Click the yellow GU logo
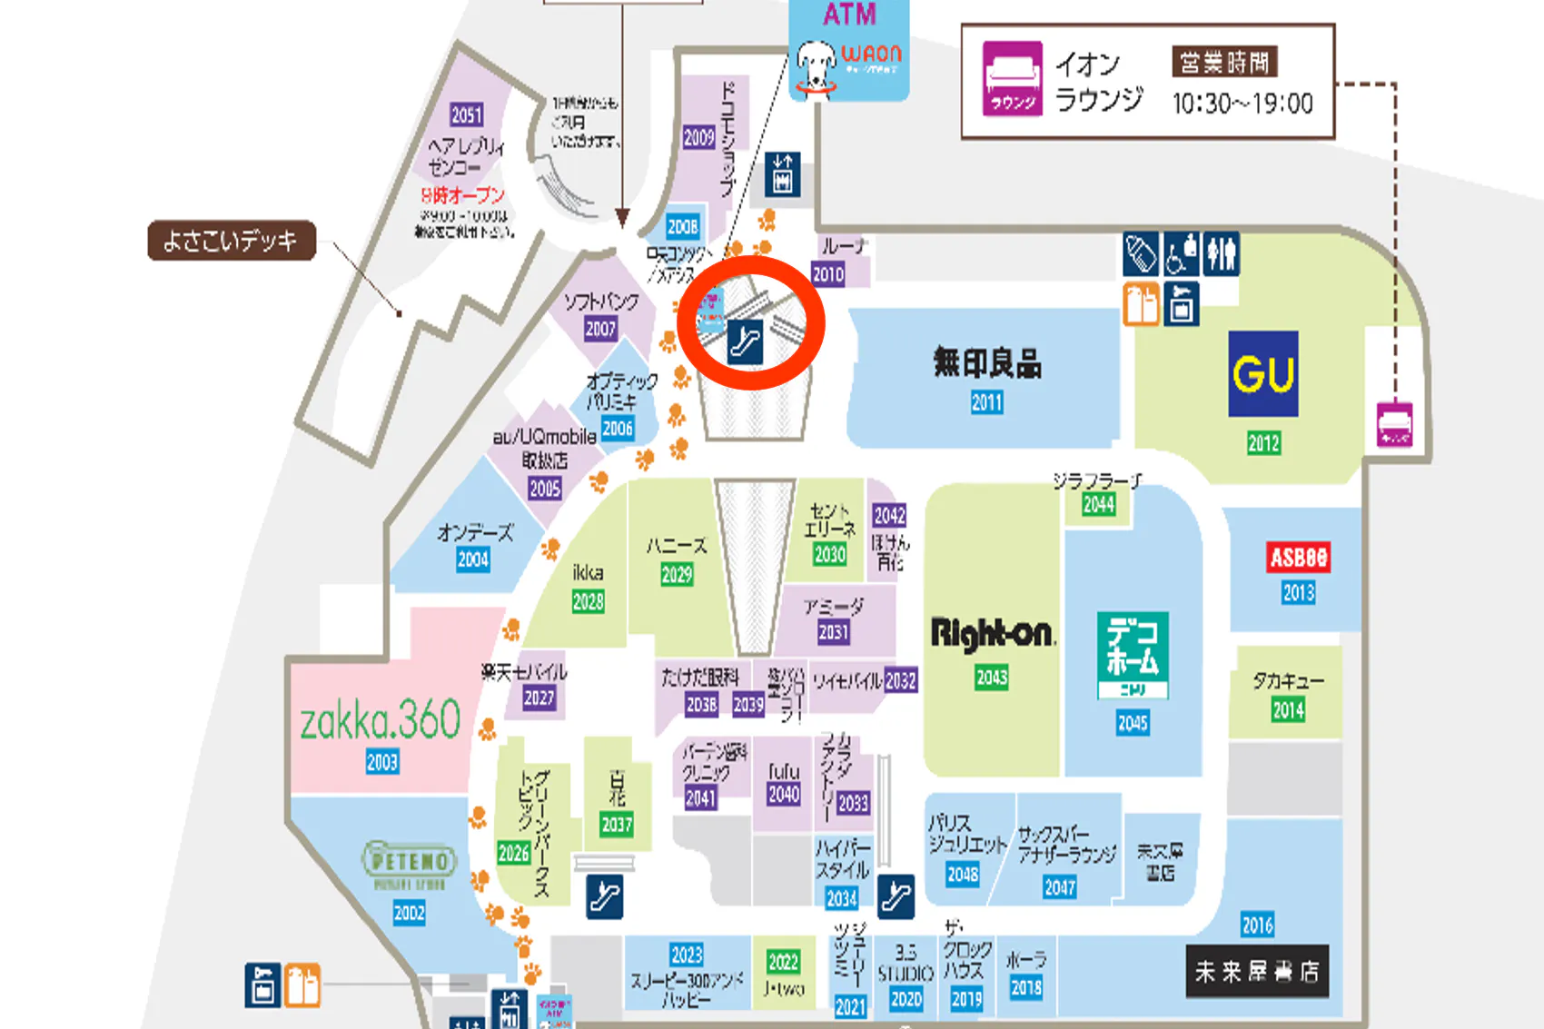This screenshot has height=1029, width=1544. [x=1262, y=373]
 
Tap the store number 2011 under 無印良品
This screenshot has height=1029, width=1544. [x=987, y=402]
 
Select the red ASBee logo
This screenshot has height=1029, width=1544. [x=1298, y=557]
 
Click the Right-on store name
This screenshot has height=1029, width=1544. [x=992, y=633]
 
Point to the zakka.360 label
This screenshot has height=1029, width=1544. [x=381, y=720]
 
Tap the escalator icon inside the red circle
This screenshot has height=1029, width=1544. [x=745, y=342]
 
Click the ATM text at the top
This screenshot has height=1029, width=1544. [x=849, y=15]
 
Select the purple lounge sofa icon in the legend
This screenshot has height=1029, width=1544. [x=1012, y=79]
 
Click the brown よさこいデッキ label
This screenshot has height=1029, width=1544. [x=232, y=241]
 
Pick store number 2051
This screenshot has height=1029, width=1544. [x=467, y=115]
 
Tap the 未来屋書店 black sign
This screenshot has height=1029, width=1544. [x=1257, y=972]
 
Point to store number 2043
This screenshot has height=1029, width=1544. [x=992, y=678]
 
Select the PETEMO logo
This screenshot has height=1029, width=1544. [x=410, y=860]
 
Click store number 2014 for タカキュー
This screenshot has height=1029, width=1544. [x=1288, y=710]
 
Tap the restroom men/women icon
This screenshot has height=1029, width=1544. [x=1221, y=254]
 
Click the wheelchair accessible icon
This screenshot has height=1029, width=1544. [x=1181, y=254]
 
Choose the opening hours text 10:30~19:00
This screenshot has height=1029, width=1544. [x=1242, y=104]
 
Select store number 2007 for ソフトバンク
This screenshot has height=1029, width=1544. [x=600, y=329]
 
